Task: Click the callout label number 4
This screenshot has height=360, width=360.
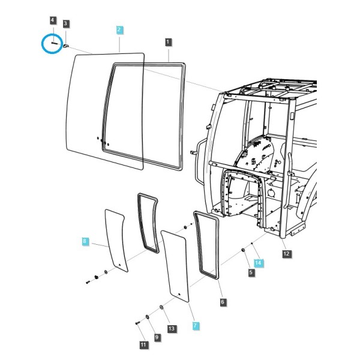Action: pos(53,20)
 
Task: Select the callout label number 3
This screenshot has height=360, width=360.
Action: pos(65,23)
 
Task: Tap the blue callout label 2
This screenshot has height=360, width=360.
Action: pos(119,30)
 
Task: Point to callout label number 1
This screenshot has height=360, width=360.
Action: pos(168,42)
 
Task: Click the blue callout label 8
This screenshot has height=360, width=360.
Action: pos(85,241)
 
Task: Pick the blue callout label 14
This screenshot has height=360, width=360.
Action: pos(258,263)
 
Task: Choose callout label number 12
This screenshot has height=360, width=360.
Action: pos(286,254)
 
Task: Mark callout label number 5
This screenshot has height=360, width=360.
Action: pos(251,272)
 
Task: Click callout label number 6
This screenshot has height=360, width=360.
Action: pos(223,302)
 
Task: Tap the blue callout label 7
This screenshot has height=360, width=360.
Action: pos(196,326)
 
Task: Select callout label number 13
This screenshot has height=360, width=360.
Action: pos(172,329)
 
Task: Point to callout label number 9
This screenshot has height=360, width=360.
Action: pos(157,337)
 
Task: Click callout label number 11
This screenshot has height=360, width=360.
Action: pos(143,345)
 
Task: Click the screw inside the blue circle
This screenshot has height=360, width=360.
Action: pos(55,43)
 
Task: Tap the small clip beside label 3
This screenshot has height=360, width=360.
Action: pos(66,46)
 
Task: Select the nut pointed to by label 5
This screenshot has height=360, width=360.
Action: pos(242,250)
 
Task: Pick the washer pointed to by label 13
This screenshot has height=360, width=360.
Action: pos(161,307)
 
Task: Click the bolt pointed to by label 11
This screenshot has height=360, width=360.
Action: pos(137,323)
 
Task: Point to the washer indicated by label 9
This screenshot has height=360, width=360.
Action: pos(147,317)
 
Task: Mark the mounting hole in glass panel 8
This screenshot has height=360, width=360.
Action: pos(119,265)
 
